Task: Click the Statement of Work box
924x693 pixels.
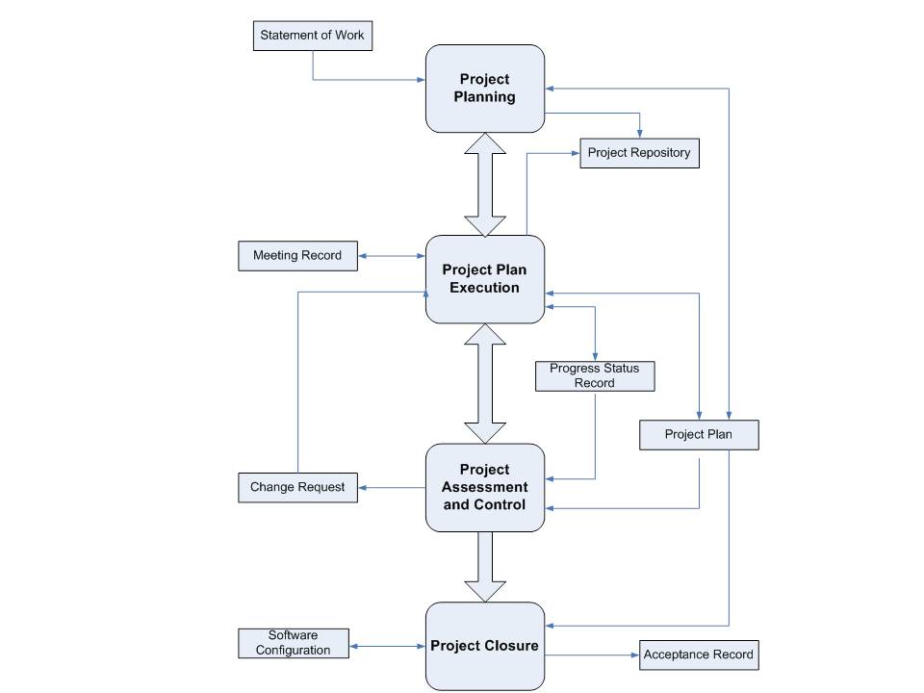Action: (312, 36)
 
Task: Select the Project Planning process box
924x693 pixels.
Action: (485, 89)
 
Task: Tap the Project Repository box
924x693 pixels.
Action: (639, 153)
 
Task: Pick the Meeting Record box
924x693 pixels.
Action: (297, 256)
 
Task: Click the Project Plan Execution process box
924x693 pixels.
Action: (485, 279)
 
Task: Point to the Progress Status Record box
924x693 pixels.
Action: (595, 376)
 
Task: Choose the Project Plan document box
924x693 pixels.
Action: (699, 435)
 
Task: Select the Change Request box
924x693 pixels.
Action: (297, 488)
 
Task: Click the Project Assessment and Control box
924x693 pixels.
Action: (485, 488)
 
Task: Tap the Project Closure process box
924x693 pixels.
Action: (485, 647)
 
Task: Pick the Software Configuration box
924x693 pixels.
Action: (294, 644)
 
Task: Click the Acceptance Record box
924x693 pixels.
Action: (699, 655)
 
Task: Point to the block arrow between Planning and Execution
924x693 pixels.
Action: (485, 185)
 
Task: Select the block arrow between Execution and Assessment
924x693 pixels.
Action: (485, 384)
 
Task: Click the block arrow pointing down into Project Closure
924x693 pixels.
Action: (485, 567)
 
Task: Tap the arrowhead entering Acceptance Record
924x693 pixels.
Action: (635, 655)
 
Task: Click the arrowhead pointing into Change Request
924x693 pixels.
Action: (363, 488)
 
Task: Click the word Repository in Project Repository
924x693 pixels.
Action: (660, 153)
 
